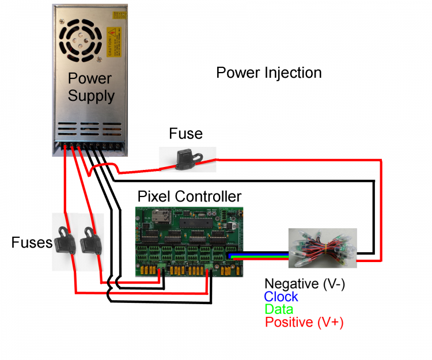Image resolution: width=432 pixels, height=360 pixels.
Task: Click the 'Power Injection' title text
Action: tap(268, 73)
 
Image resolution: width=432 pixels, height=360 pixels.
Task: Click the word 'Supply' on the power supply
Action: tap(91, 96)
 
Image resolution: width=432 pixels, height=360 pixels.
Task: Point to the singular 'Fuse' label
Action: tap(185, 134)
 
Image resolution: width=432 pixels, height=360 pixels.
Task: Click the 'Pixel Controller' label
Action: tap(190, 197)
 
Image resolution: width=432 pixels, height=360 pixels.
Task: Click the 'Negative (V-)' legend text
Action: tap(304, 283)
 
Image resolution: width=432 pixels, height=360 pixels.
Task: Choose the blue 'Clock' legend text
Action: tap(281, 297)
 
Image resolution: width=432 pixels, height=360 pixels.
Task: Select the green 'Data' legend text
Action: tap(279, 309)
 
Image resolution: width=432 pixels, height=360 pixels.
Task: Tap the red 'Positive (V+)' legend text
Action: tap(304, 323)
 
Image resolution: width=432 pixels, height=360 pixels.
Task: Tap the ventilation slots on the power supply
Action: tap(89, 128)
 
